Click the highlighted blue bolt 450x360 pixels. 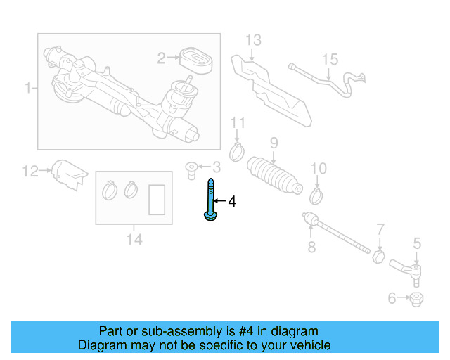click(x=210, y=201)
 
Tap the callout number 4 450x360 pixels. click(x=231, y=202)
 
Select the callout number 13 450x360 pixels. click(x=253, y=39)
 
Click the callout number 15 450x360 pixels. click(x=330, y=60)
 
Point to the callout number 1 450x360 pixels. click(x=28, y=89)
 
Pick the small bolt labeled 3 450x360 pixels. click(x=191, y=168)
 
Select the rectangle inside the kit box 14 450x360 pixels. click(x=157, y=199)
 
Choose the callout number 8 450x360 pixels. click(x=311, y=247)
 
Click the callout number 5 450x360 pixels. click(x=417, y=244)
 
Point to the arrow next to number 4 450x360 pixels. click(x=219, y=202)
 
